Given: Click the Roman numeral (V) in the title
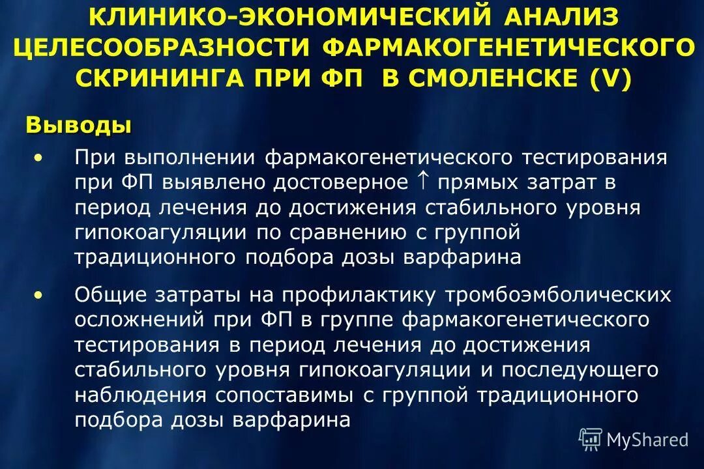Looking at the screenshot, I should [x=611, y=78].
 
